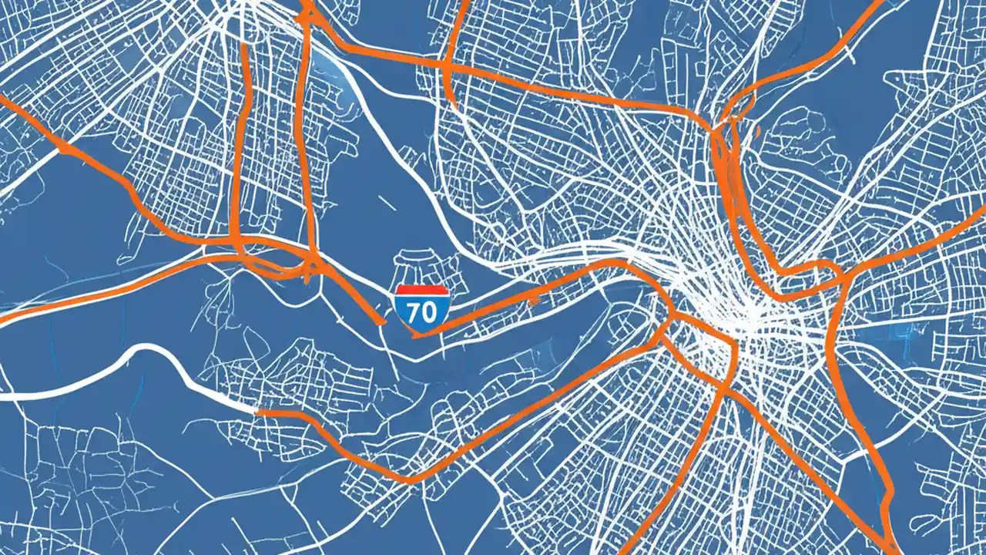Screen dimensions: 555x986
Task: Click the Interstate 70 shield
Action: point(421,308)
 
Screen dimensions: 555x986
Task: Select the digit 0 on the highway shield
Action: point(430,311)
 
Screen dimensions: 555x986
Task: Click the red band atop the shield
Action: point(421,291)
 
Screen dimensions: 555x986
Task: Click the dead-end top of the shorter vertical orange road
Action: point(245,46)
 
